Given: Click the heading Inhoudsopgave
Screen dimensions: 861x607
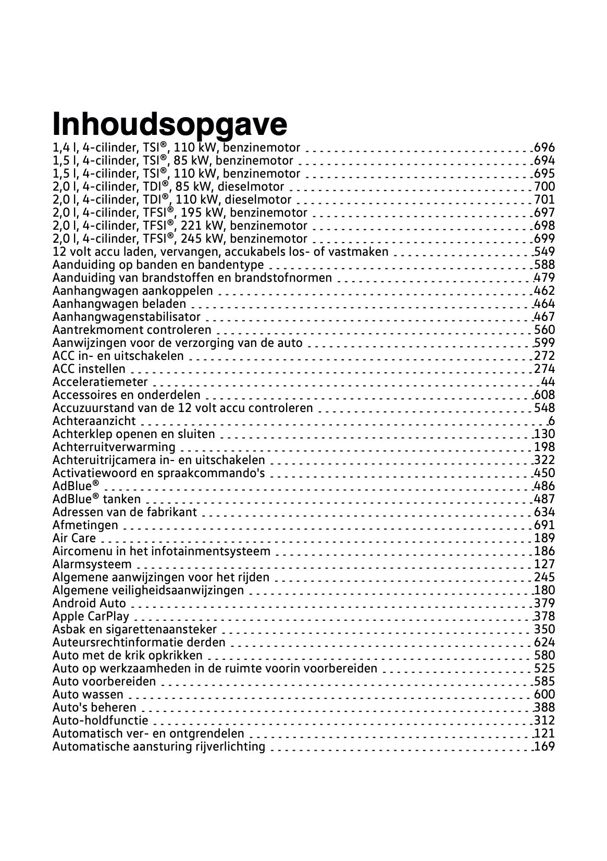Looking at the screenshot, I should pos(170,123).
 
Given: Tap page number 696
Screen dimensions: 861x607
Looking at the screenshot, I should pos(544,148).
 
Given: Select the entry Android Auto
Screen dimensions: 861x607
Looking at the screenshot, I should pos(89,603).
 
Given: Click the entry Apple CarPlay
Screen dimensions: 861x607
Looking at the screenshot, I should pos(91,616).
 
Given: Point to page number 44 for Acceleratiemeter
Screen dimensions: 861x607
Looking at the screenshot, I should pos(548,382).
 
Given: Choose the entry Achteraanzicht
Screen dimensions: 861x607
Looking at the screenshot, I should pos(94,421).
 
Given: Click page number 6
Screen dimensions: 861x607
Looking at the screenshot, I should pos(551,421).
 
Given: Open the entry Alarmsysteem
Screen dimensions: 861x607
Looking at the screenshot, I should pos(92,564).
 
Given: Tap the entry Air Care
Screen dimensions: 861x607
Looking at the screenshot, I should pos(74,538).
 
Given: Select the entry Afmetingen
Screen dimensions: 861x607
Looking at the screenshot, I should pos(85,525).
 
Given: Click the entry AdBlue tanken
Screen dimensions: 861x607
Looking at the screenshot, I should pos(96,499).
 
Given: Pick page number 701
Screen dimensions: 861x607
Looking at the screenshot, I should pos(544,199).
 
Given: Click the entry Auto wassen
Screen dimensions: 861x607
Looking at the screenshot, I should pos(88,694).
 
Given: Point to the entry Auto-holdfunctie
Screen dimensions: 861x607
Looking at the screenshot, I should pos(100,720).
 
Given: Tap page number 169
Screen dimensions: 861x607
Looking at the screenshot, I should pos(544,746).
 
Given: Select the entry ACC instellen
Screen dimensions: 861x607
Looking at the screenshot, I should pos(89,369).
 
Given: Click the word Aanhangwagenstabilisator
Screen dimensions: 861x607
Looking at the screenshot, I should pos(126,317).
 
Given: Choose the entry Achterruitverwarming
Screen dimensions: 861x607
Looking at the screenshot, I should pos(114,447).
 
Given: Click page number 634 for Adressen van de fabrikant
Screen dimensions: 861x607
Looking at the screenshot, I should pos(544,512).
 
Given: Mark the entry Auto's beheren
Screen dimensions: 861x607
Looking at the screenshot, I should pos(94,707).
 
